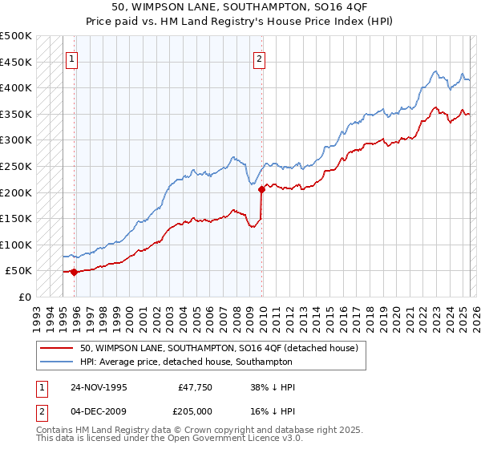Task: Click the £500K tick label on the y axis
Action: point(16,36)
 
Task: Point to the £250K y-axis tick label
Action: point(16,166)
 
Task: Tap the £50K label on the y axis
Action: point(19,271)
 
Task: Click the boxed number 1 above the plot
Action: point(72,58)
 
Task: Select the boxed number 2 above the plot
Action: point(261,58)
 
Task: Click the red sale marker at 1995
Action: point(74,272)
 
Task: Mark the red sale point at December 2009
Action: point(261,190)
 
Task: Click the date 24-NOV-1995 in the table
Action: point(99,386)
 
